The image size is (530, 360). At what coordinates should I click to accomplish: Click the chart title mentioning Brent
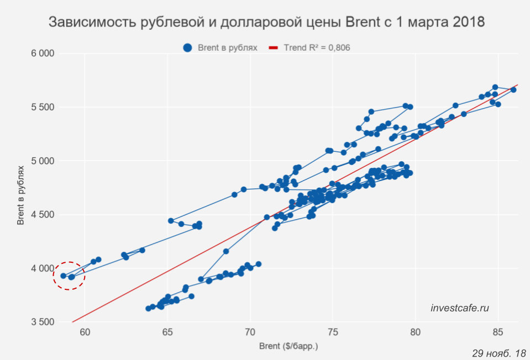click(266, 23)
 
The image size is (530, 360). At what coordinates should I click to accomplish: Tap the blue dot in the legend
click(188, 48)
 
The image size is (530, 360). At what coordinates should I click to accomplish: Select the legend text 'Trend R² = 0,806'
click(317, 48)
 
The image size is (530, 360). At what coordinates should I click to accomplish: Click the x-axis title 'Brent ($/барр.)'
click(288, 347)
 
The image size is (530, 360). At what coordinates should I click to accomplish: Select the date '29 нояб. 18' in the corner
click(499, 353)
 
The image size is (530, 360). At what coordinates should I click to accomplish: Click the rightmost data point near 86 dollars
click(513, 89)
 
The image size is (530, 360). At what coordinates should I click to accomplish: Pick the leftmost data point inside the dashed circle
click(64, 276)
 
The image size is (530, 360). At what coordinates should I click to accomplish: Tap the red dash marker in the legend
click(272, 48)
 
